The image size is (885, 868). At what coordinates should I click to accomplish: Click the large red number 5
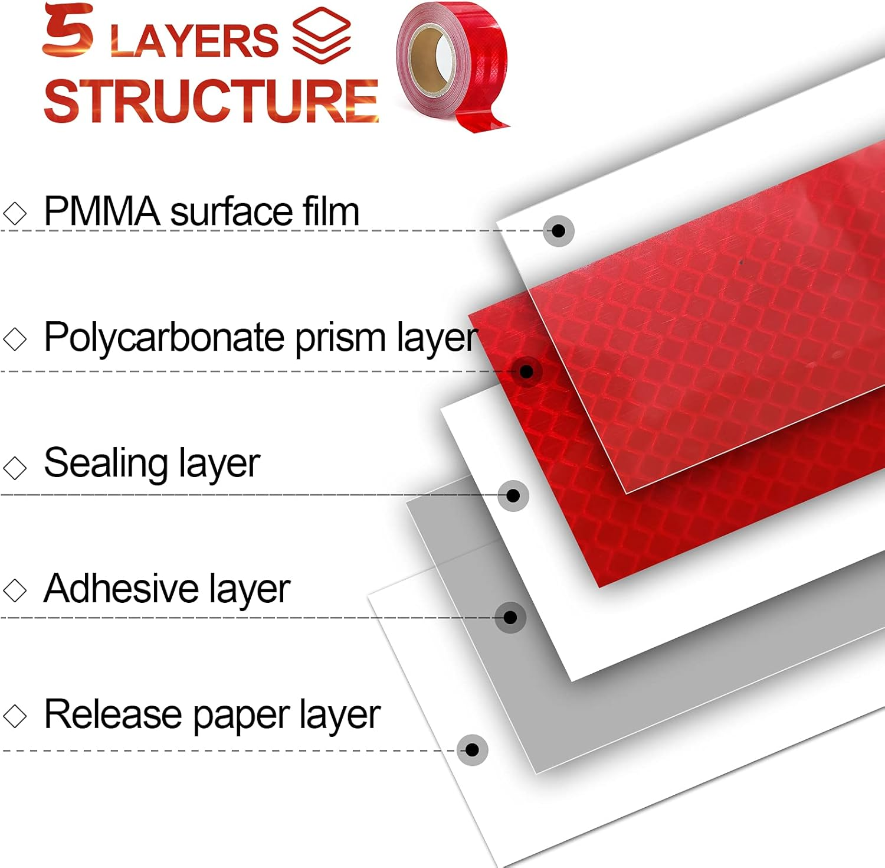68,31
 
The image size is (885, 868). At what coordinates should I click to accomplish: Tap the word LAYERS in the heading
194,41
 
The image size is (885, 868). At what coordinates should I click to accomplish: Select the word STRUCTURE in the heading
211,102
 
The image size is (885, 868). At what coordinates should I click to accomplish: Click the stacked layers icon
322,35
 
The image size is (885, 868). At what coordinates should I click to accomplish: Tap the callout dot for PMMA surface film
558,230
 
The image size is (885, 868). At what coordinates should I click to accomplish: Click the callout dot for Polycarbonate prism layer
527,371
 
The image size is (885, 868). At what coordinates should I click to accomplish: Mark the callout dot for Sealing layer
513,495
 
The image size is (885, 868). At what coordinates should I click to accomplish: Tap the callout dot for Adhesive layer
510,618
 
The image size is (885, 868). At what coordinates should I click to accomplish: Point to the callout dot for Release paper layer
472,750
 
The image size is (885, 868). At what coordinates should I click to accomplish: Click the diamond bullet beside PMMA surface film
15,213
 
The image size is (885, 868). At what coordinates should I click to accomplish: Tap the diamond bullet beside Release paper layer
15,716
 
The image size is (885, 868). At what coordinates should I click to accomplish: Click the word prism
340,338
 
